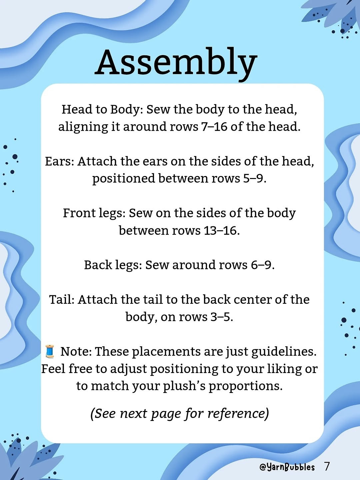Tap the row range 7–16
214,127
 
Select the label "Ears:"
59,161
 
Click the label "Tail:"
62,300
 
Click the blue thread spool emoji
50,351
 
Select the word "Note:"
76,352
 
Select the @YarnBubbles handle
287,467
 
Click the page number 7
327,466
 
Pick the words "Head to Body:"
102,110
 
